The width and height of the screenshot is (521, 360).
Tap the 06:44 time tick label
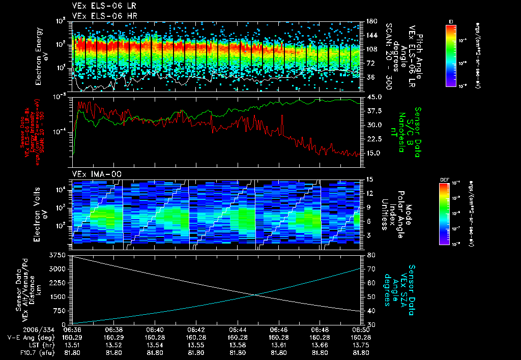click(x=238, y=329)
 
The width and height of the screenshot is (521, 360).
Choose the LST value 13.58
click(x=238, y=344)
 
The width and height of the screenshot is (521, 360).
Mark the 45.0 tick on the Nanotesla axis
click(x=374, y=97)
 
